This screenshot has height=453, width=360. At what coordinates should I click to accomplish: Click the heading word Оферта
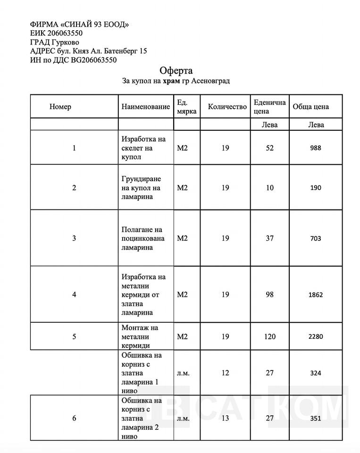point(176,71)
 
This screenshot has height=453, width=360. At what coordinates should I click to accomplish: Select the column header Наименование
point(145,107)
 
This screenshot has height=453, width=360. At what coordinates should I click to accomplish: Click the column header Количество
point(227,107)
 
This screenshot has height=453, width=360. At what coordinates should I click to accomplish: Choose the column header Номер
point(60,107)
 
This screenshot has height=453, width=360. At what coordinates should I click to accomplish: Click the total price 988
point(316,148)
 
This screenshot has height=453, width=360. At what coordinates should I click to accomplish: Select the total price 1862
point(316,295)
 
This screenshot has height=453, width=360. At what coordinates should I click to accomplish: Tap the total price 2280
point(316,337)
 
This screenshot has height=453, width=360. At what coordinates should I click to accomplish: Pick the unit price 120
point(269,337)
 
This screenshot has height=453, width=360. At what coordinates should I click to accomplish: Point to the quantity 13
point(225,419)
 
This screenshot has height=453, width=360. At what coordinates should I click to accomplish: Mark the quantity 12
point(225,373)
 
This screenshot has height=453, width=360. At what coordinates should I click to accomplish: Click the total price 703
point(316,239)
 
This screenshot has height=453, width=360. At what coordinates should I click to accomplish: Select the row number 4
point(74,295)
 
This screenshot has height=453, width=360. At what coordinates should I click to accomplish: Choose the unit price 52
point(269,148)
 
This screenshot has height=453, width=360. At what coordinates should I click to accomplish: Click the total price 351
point(316,419)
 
